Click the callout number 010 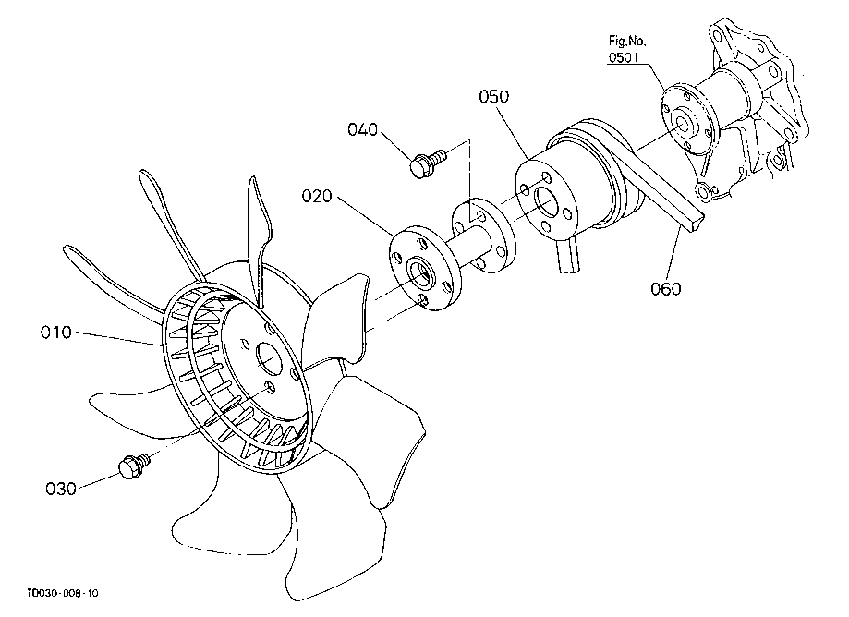55,332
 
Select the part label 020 317,196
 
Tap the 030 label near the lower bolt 61,489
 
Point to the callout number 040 362,129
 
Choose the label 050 494,96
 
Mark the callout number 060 665,288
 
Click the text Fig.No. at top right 627,42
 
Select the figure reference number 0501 624,57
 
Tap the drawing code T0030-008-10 63,593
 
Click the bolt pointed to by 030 133,465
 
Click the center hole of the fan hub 269,357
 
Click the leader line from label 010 117,338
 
